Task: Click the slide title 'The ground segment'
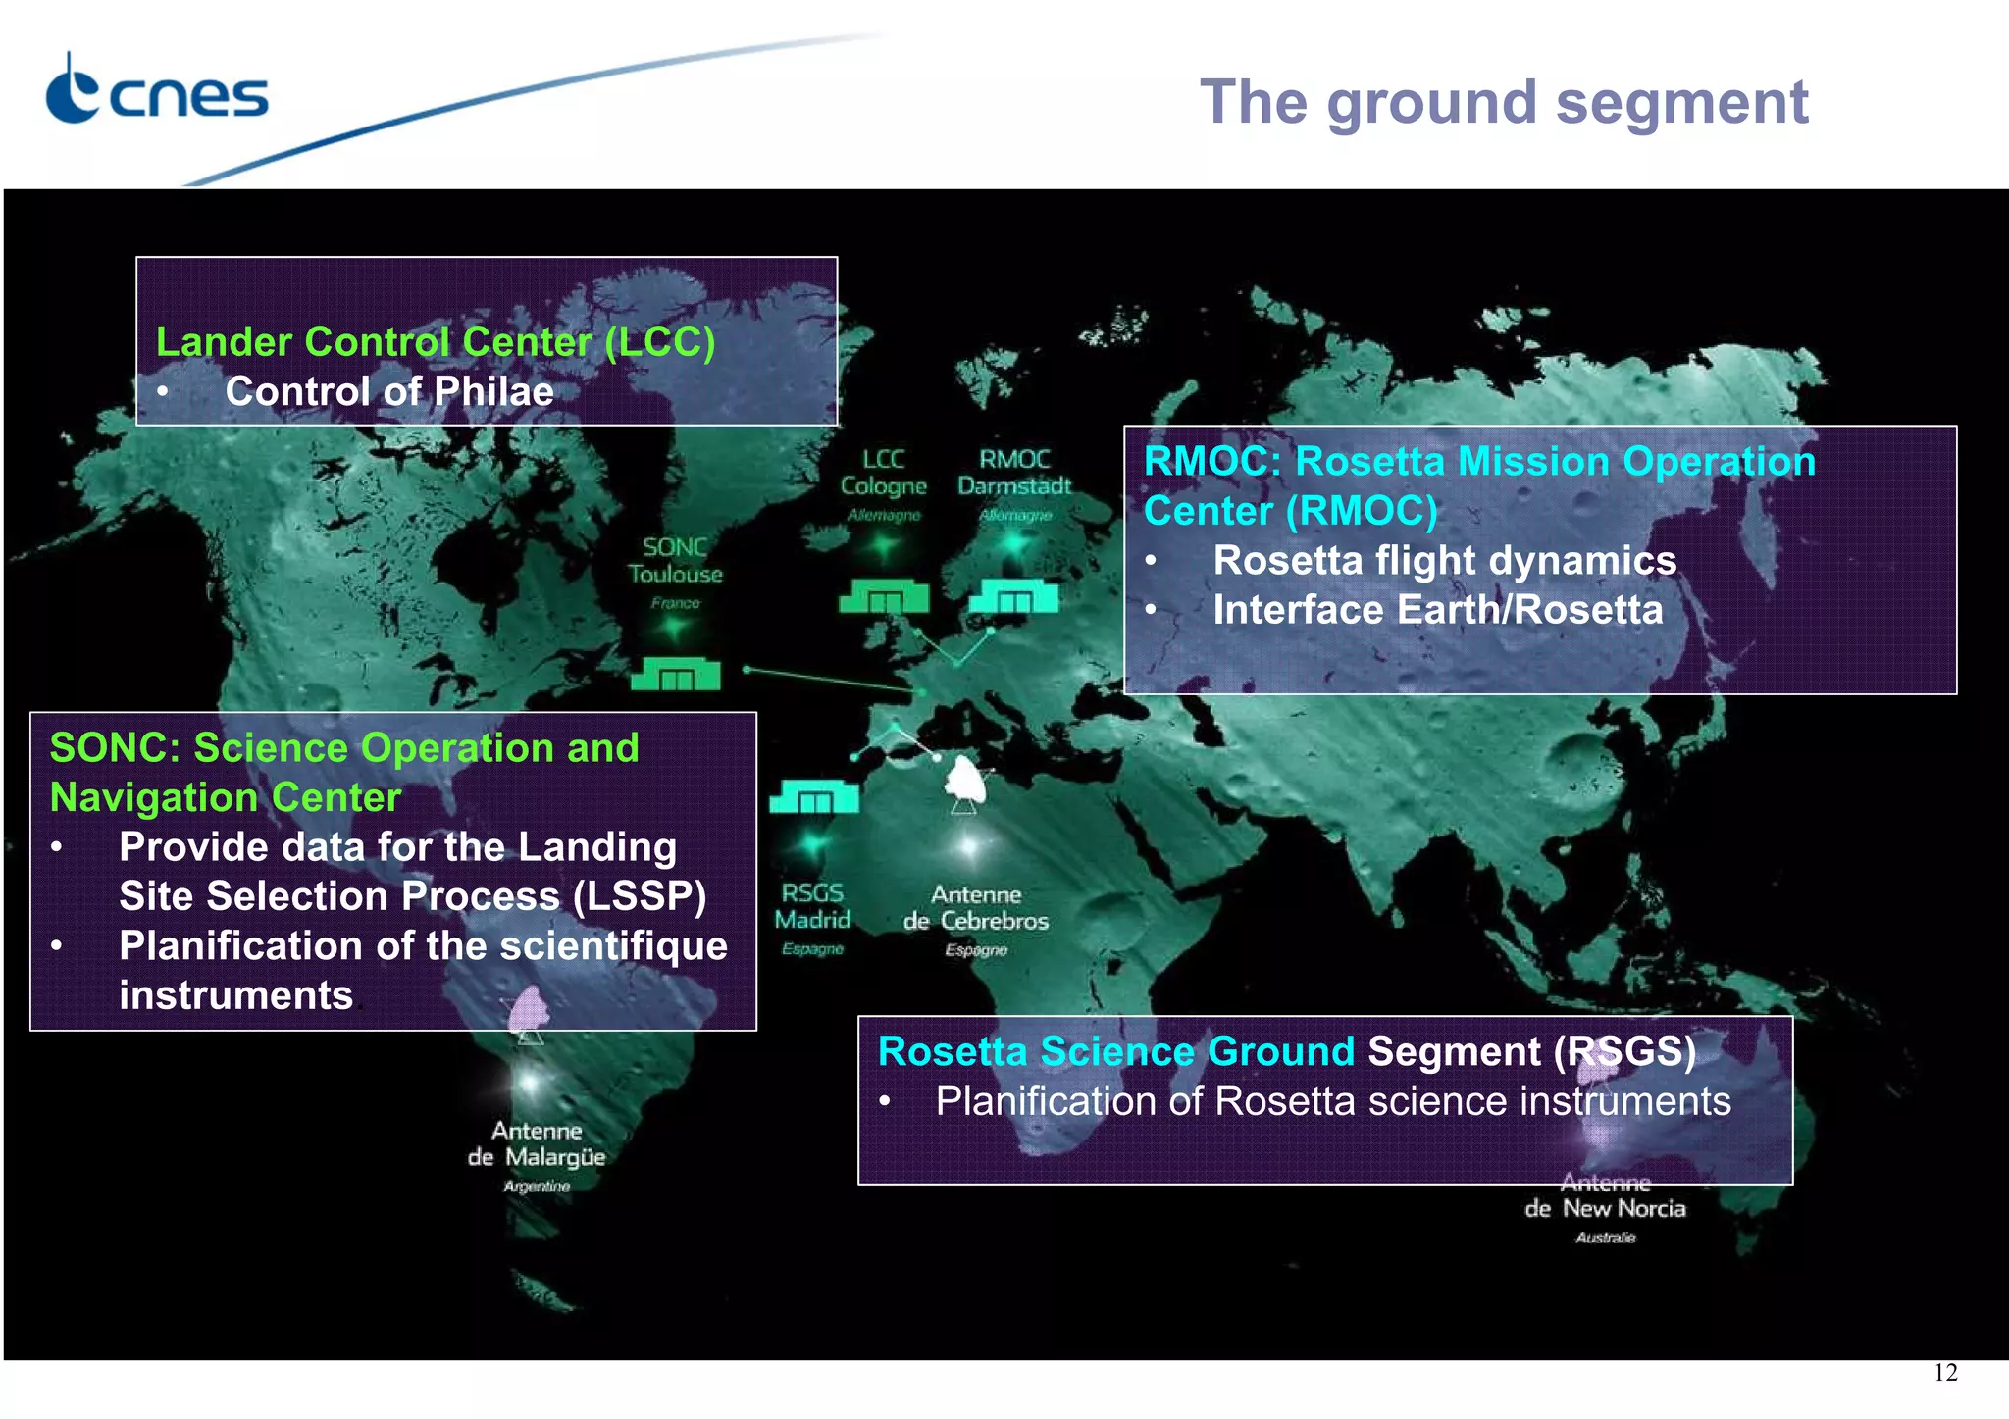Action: [x=1503, y=102]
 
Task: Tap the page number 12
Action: [x=1945, y=1373]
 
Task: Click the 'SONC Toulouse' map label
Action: [x=675, y=562]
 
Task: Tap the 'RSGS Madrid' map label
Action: [x=812, y=907]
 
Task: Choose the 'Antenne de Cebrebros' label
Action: [x=976, y=909]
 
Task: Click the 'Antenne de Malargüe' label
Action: [x=537, y=1145]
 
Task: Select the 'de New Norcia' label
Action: [x=1606, y=1209]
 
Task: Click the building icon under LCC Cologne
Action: [x=884, y=596]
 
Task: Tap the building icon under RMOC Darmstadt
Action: [x=1013, y=596]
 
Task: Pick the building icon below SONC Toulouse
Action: [x=676, y=674]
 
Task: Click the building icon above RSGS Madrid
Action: [x=814, y=797]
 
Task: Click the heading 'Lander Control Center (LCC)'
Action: [x=436, y=342]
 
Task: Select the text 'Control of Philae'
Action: [x=389, y=392]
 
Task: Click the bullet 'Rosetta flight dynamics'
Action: [x=1444, y=561]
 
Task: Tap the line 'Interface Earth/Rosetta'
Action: [x=1437, y=610]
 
